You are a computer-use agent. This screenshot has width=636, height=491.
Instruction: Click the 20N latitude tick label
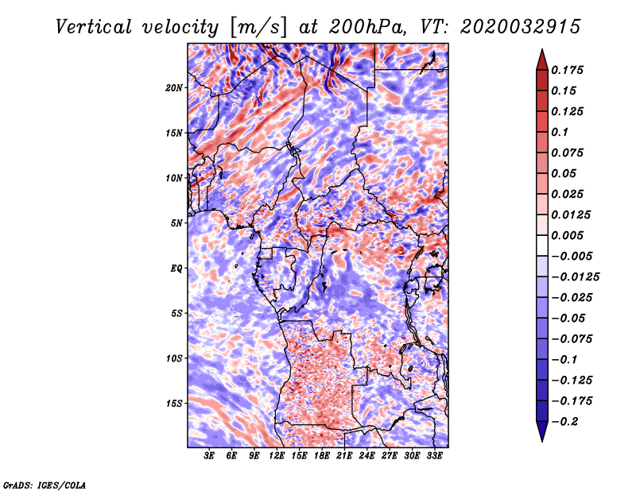[x=174, y=88]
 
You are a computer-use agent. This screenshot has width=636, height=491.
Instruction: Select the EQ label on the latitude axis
[x=176, y=269]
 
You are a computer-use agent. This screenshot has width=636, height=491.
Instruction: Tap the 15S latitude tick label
[x=174, y=404]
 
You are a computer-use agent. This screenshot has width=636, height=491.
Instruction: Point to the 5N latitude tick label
[x=176, y=223]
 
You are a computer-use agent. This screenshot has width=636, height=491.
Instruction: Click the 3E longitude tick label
[x=209, y=456]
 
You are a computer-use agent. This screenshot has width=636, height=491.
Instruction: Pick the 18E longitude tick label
[x=322, y=456]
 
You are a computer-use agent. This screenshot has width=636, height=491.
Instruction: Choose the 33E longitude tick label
[x=434, y=456]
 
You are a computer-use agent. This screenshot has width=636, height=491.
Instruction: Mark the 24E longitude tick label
[x=366, y=456]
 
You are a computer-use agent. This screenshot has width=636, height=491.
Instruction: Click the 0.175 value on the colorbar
[x=567, y=70]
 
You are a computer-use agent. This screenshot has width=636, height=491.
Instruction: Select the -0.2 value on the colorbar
[x=564, y=422]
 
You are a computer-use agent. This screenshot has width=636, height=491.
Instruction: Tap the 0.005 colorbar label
[x=567, y=235]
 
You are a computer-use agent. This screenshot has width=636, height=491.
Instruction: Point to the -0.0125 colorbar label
[x=575, y=277]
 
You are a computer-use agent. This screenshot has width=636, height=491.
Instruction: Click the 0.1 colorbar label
[x=560, y=132]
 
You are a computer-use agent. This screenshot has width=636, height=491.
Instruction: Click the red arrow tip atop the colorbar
[x=542, y=50]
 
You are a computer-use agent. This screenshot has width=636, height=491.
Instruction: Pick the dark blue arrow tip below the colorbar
[x=542, y=441]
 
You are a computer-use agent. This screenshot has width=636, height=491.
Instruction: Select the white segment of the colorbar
[x=542, y=246]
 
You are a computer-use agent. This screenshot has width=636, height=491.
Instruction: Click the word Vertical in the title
[x=94, y=27]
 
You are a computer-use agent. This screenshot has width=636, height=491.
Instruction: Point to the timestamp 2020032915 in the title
[x=521, y=27]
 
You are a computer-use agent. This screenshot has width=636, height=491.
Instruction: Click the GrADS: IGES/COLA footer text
[x=45, y=485]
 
